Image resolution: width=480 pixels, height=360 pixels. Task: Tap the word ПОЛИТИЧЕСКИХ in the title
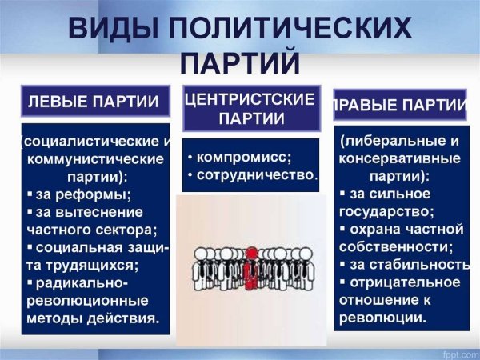point(298,30)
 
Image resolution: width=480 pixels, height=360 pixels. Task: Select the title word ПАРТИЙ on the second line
point(239,64)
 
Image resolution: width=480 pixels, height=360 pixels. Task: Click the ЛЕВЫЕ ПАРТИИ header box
point(94,102)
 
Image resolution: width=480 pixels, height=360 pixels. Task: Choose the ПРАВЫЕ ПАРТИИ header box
point(400,106)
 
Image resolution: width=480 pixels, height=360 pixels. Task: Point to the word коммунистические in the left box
point(95,158)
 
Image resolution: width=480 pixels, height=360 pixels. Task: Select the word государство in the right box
point(386,211)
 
